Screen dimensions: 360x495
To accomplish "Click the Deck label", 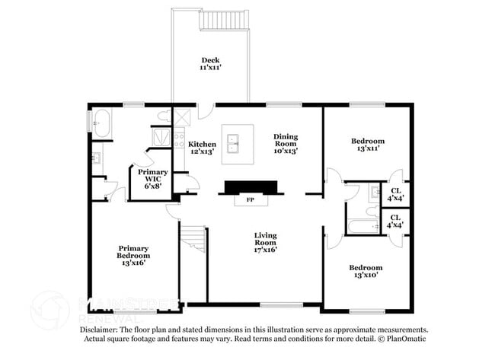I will pos(210,64).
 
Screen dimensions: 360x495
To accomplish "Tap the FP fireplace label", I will pos(249,201).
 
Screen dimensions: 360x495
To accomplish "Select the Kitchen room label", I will pos(202,148).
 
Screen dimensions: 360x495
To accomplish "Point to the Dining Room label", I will pos(286,143).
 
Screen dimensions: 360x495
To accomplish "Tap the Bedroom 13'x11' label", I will pos(367,145).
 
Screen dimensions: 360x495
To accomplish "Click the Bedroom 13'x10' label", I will pos(366,272).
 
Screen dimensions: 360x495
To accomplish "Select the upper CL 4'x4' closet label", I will pos(395,194).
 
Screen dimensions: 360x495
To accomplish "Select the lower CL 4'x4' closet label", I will pos(395,221).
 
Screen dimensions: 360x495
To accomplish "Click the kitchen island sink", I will pos(236,143).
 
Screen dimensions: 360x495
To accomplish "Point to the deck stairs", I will pos(224,20).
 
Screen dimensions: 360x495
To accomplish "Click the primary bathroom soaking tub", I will pos(101,123).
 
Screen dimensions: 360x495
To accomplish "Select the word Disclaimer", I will pos(100,330).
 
